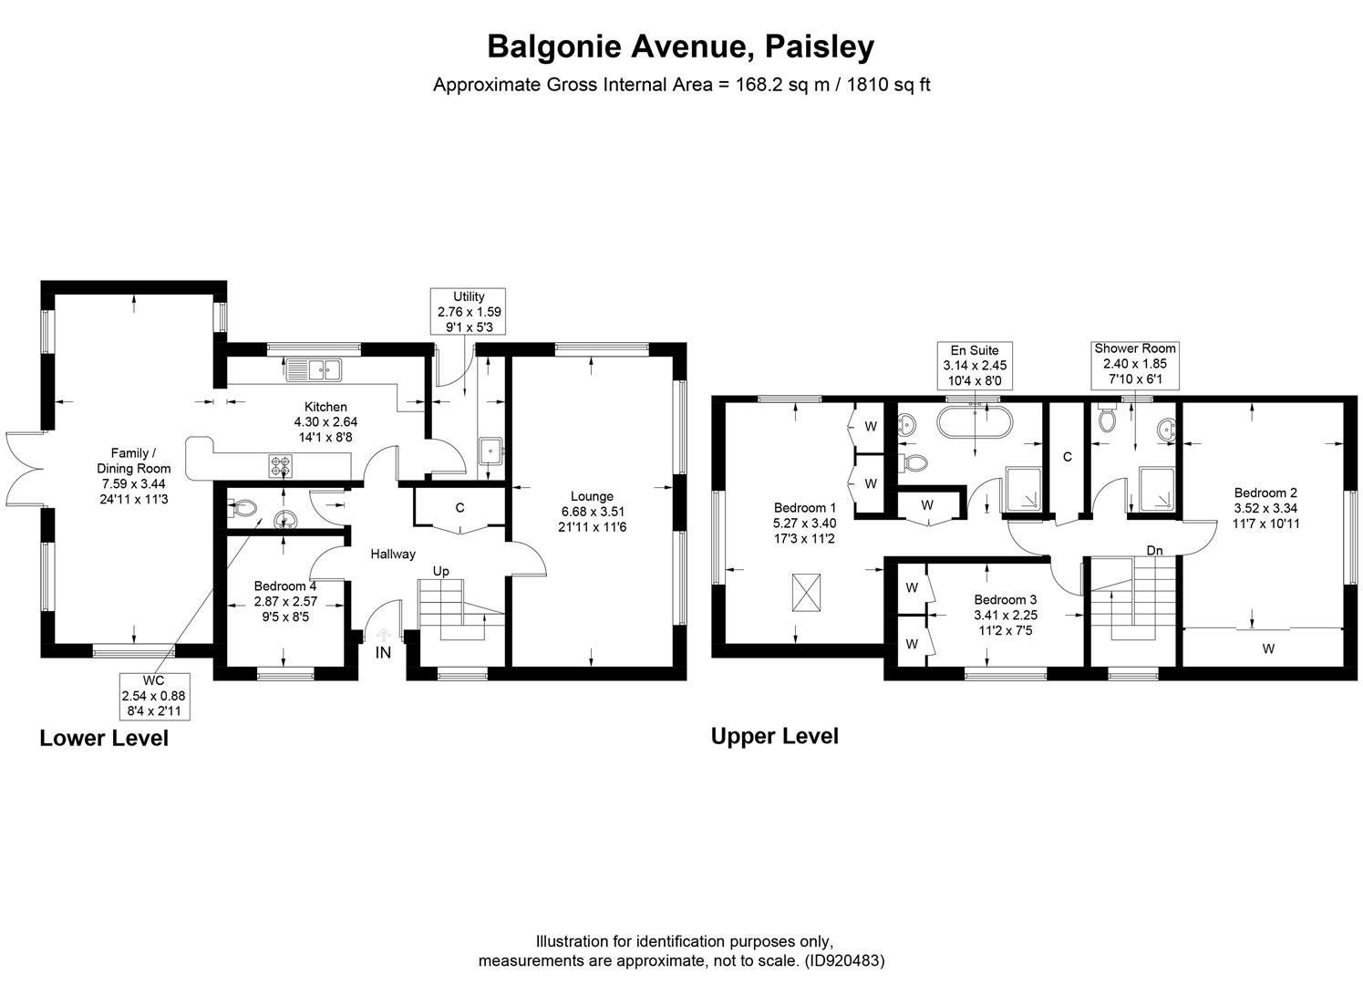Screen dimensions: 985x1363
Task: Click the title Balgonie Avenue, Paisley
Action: point(680,46)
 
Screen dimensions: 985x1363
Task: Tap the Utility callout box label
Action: point(469,311)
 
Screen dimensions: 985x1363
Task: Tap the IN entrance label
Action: point(383,652)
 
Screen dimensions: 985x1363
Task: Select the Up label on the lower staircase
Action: point(440,571)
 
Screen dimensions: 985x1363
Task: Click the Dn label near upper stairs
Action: point(1154,550)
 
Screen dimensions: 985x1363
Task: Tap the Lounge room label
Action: point(592,497)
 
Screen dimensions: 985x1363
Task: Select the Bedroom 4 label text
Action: point(285,586)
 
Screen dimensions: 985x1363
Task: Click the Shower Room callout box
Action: point(1134,363)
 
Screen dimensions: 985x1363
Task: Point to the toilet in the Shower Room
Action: point(1108,420)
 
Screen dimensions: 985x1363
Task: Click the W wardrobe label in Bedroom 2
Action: point(1267,648)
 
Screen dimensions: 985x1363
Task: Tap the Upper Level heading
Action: point(774,736)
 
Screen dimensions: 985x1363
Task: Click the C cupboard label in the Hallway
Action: point(459,508)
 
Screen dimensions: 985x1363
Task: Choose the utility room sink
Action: point(491,450)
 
